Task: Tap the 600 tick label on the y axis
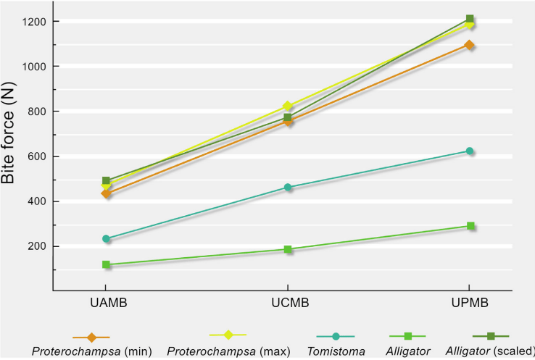tap(36, 156)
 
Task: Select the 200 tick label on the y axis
tap(36, 246)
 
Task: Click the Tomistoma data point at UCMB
tap(288, 188)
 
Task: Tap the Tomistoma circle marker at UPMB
tap(470, 151)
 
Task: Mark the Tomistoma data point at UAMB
tap(106, 239)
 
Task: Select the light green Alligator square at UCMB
tap(288, 250)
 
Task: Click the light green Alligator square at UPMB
tap(470, 226)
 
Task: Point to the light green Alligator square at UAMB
tap(106, 265)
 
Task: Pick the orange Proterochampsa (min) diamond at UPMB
tap(470, 45)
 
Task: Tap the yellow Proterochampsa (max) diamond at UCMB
tap(288, 106)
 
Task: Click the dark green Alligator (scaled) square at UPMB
tap(470, 19)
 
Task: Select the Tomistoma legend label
tap(336, 351)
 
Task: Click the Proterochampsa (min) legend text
tap(91, 351)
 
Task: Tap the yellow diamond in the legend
tap(228, 335)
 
